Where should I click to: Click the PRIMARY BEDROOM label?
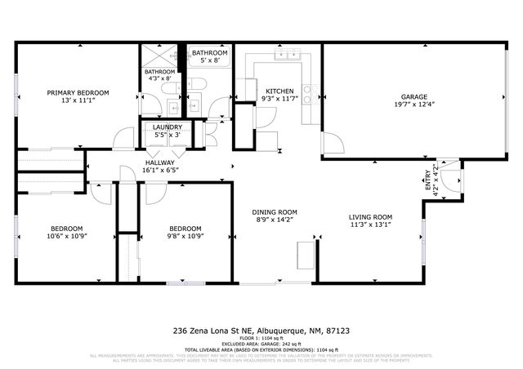78,92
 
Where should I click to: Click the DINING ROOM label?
274,212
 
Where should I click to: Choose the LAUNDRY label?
168,127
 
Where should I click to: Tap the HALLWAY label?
161,162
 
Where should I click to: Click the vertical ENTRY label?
427,180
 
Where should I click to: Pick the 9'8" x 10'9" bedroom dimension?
186,237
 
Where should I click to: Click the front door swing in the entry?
449,167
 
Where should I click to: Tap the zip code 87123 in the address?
337,331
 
